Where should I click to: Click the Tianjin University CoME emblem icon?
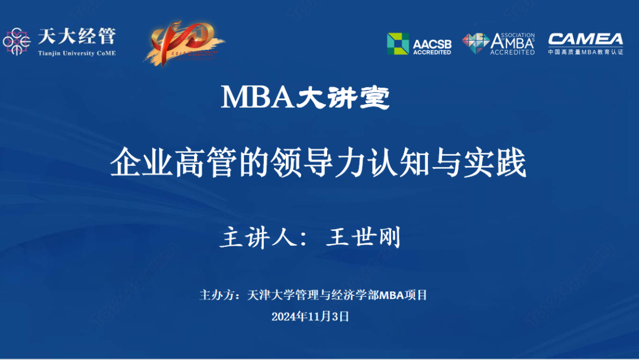[x=17, y=41]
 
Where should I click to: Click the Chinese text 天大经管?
[x=77, y=37]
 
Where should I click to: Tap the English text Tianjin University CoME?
[x=77, y=53]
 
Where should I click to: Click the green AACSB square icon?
[x=398, y=43]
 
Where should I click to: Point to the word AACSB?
[x=432, y=43]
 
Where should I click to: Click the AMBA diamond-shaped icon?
[x=475, y=43]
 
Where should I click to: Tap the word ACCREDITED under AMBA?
[x=512, y=53]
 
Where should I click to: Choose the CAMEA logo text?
[x=585, y=40]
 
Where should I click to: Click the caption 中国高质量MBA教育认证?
[x=585, y=52]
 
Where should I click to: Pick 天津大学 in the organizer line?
[x=266, y=295]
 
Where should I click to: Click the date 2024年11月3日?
[x=311, y=317]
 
